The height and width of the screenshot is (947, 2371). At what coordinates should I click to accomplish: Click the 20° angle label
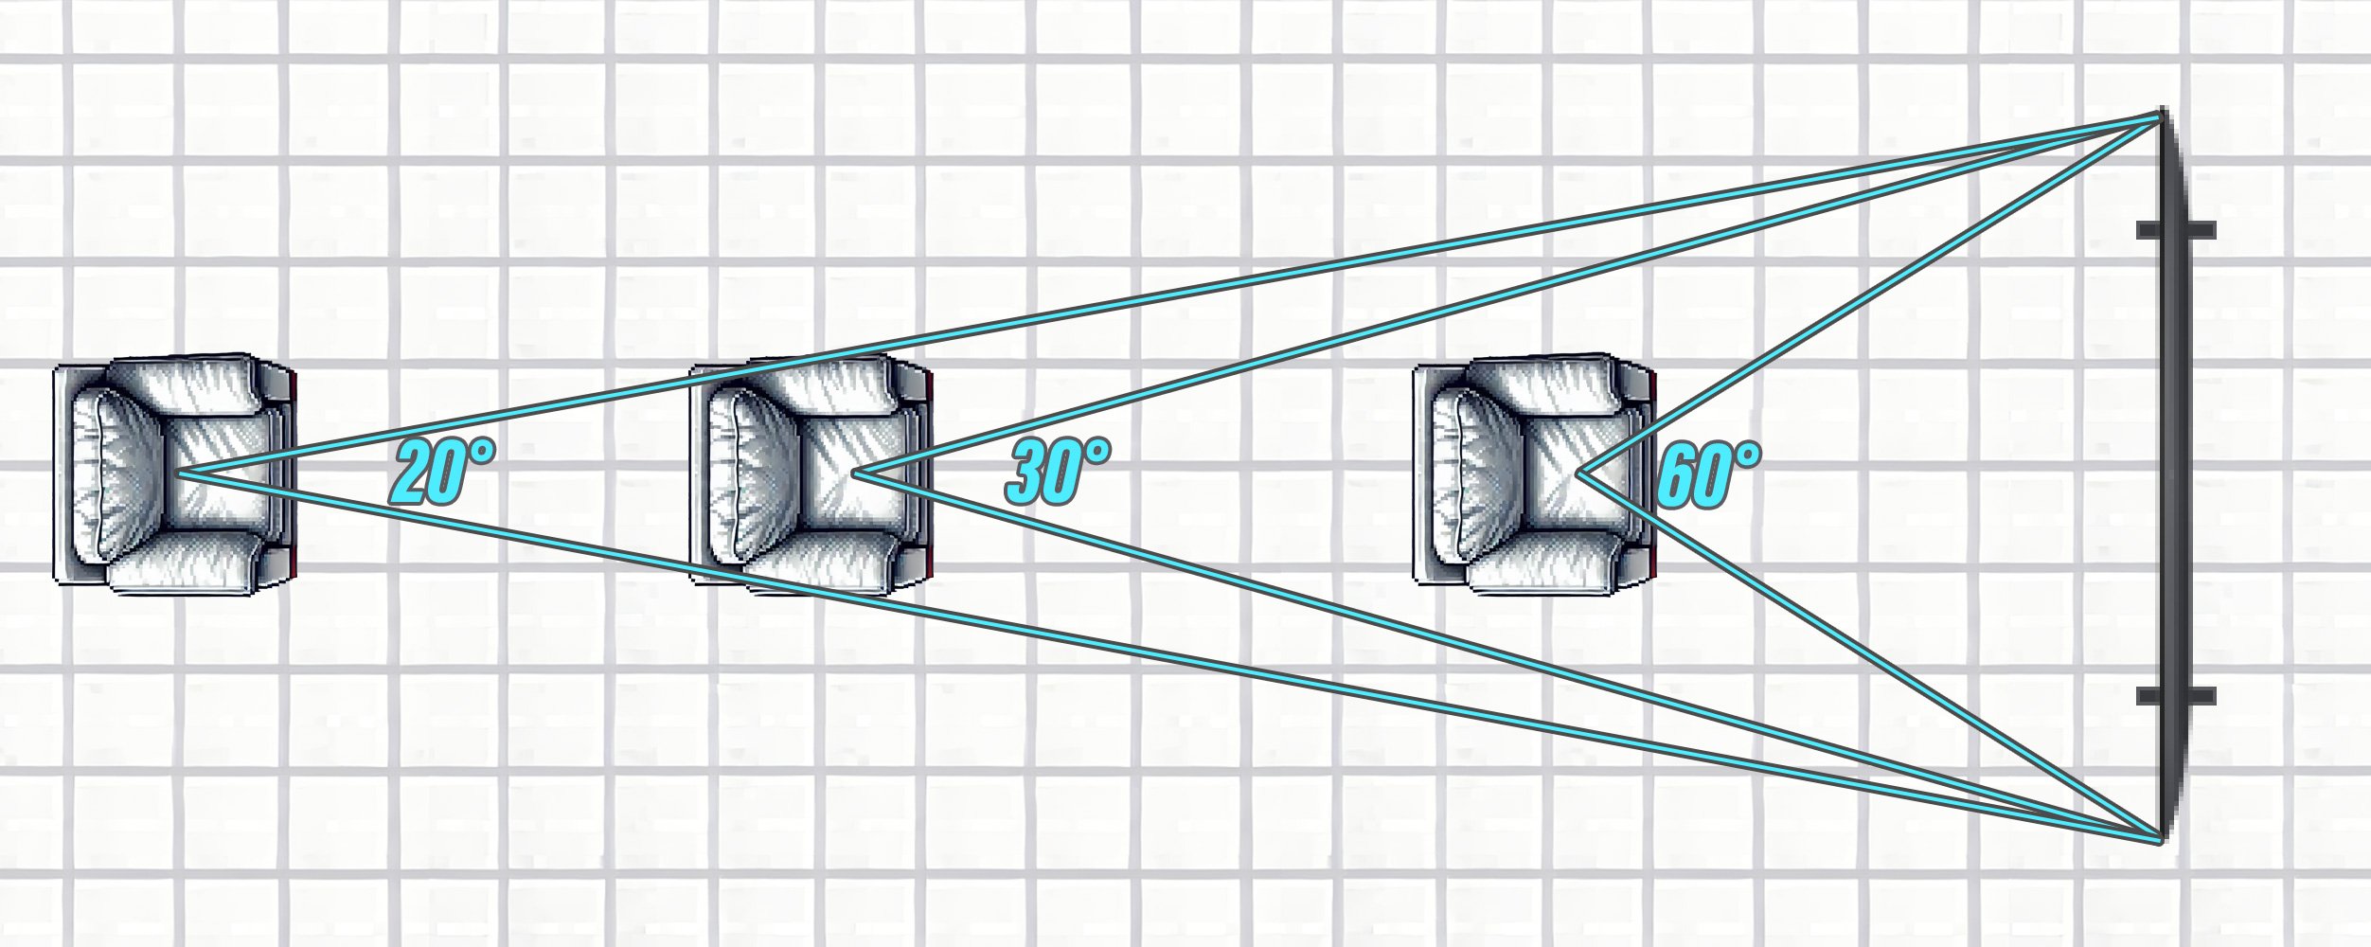pyautogui.click(x=442, y=471)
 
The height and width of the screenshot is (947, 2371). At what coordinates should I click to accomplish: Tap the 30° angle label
pyautogui.click(x=1058, y=471)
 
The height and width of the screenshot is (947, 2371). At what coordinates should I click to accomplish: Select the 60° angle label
pyautogui.click(x=1709, y=475)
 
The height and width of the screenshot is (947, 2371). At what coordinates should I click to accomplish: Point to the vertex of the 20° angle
pyautogui.click(x=176, y=472)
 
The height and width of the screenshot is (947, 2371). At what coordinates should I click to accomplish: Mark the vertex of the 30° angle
pyautogui.click(x=854, y=473)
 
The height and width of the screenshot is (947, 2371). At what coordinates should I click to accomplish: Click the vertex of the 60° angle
pyautogui.click(x=1578, y=473)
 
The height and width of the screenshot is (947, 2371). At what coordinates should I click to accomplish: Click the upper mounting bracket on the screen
pyautogui.click(x=2176, y=230)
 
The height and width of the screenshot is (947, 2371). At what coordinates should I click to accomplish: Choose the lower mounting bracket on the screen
pyautogui.click(x=2176, y=696)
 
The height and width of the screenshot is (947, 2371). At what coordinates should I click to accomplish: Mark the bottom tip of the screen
pyautogui.click(x=2162, y=839)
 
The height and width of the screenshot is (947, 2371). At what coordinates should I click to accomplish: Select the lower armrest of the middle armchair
pyautogui.click(x=824, y=563)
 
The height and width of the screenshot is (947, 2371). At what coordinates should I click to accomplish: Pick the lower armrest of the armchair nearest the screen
pyautogui.click(x=1547, y=563)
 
